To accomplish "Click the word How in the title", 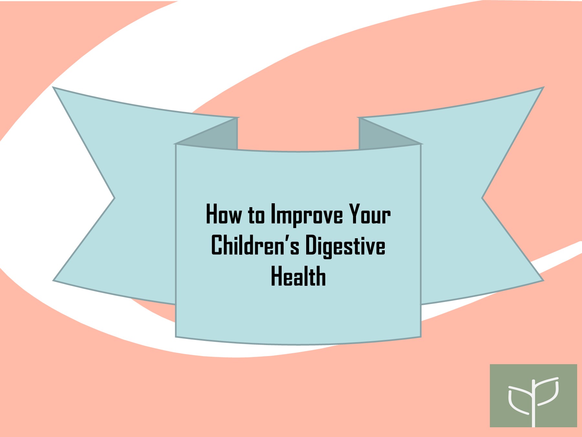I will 223,214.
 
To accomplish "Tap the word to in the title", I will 256,215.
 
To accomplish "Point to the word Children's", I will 255,245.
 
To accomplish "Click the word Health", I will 298,276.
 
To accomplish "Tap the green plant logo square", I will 533,396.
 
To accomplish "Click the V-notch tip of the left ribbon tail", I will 114,198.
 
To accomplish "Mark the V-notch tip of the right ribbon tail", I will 482,198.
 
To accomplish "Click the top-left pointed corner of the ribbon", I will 54,88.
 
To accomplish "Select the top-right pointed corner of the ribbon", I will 543,88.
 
